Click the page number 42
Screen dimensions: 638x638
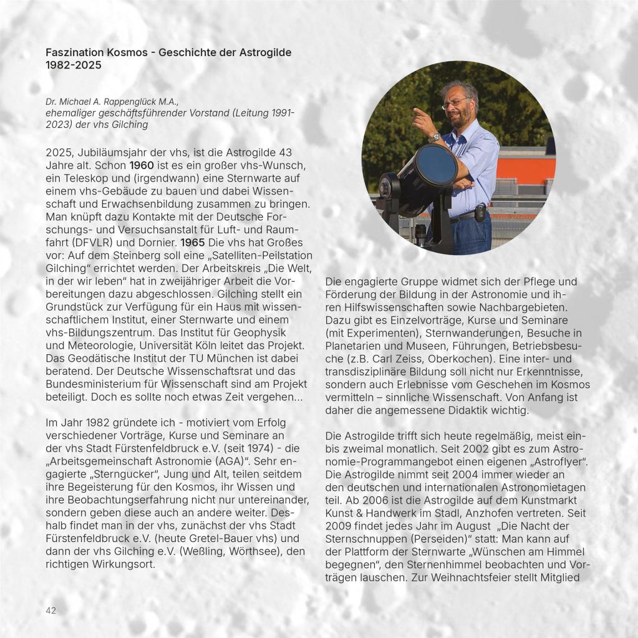tap(51, 610)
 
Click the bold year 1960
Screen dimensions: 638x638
tap(142, 165)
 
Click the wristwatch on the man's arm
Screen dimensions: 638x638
tap(435, 137)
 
